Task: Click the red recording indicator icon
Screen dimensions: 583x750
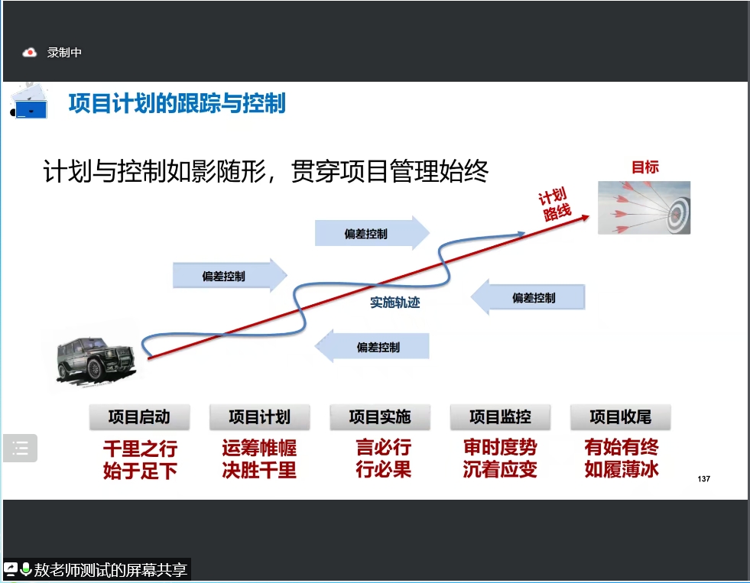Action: point(30,53)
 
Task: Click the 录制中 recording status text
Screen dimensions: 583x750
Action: point(64,53)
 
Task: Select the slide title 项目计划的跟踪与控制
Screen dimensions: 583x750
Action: point(177,103)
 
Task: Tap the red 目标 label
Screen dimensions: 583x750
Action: point(644,167)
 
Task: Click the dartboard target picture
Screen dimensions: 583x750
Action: point(644,207)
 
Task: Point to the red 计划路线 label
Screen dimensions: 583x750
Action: point(555,205)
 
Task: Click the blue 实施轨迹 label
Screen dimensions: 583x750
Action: point(395,303)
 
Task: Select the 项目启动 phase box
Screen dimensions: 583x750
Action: point(139,417)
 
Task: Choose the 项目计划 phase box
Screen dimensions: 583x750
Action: point(259,417)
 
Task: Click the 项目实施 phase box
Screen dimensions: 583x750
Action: point(380,417)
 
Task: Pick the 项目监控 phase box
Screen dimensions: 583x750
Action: point(500,417)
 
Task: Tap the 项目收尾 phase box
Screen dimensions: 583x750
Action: point(620,417)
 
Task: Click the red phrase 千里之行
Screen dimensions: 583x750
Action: point(139,448)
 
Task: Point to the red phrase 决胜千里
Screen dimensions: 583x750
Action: point(259,470)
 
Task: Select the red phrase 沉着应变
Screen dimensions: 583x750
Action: point(500,470)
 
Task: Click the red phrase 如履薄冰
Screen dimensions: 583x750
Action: point(621,470)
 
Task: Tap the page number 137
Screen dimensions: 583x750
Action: point(704,479)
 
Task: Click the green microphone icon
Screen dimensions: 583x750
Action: point(26,569)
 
